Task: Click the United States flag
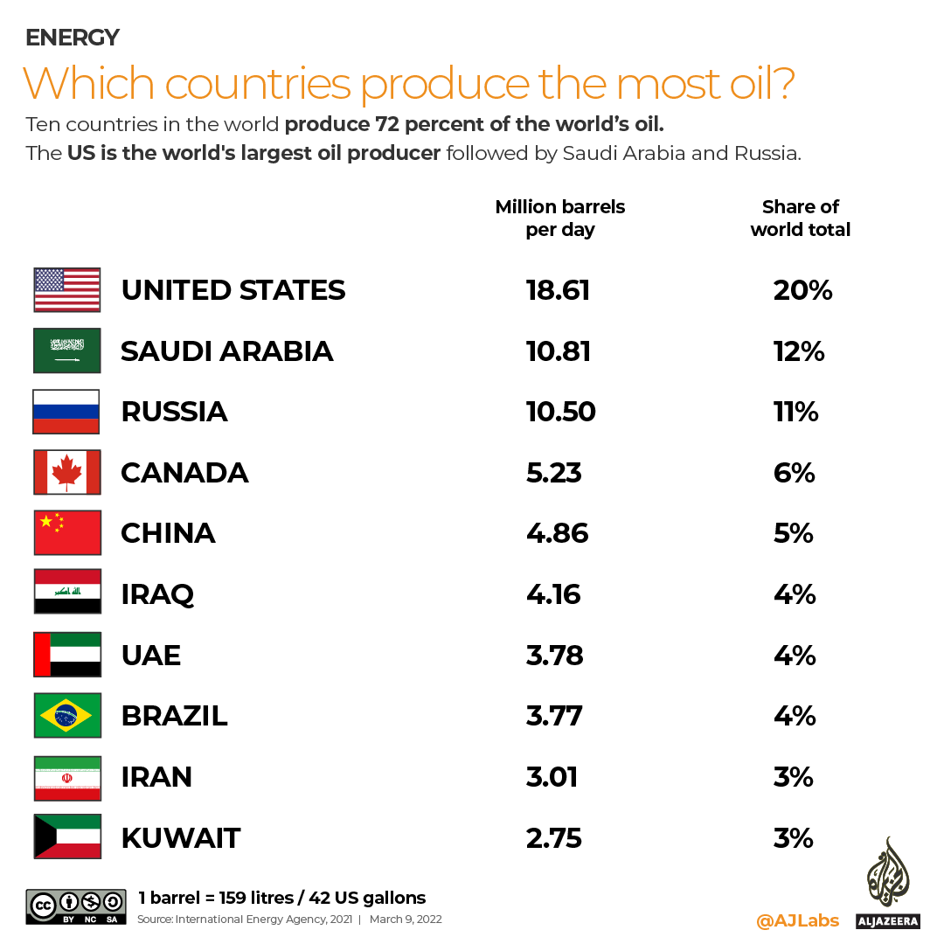[x=67, y=290]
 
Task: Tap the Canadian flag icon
[x=67, y=472]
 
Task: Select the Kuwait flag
[x=67, y=836]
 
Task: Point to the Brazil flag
[x=67, y=715]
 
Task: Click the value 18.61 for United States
[x=558, y=290]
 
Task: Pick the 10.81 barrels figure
[x=558, y=351]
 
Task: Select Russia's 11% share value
[x=795, y=412]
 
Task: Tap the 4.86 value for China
[x=558, y=533]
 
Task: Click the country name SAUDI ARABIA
[x=227, y=351]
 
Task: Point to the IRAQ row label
[x=157, y=594]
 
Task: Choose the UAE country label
[x=150, y=655]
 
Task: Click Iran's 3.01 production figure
[x=552, y=776]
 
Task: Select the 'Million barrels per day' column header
[x=560, y=219]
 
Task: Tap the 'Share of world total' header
[x=800, y=219]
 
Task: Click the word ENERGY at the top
[x=72, y=38]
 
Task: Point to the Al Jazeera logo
[x=887, y=883]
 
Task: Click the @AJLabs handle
[x=797, y=920]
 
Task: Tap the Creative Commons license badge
[x=77, y=906]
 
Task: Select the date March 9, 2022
[x=406, y=920]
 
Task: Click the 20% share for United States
[x=802, y=290]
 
